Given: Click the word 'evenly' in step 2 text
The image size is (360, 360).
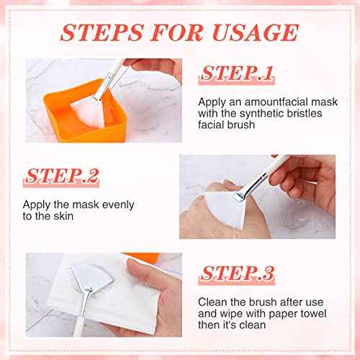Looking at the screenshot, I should pos(107,204).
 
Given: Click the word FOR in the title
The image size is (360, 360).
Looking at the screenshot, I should pos(175,32).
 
